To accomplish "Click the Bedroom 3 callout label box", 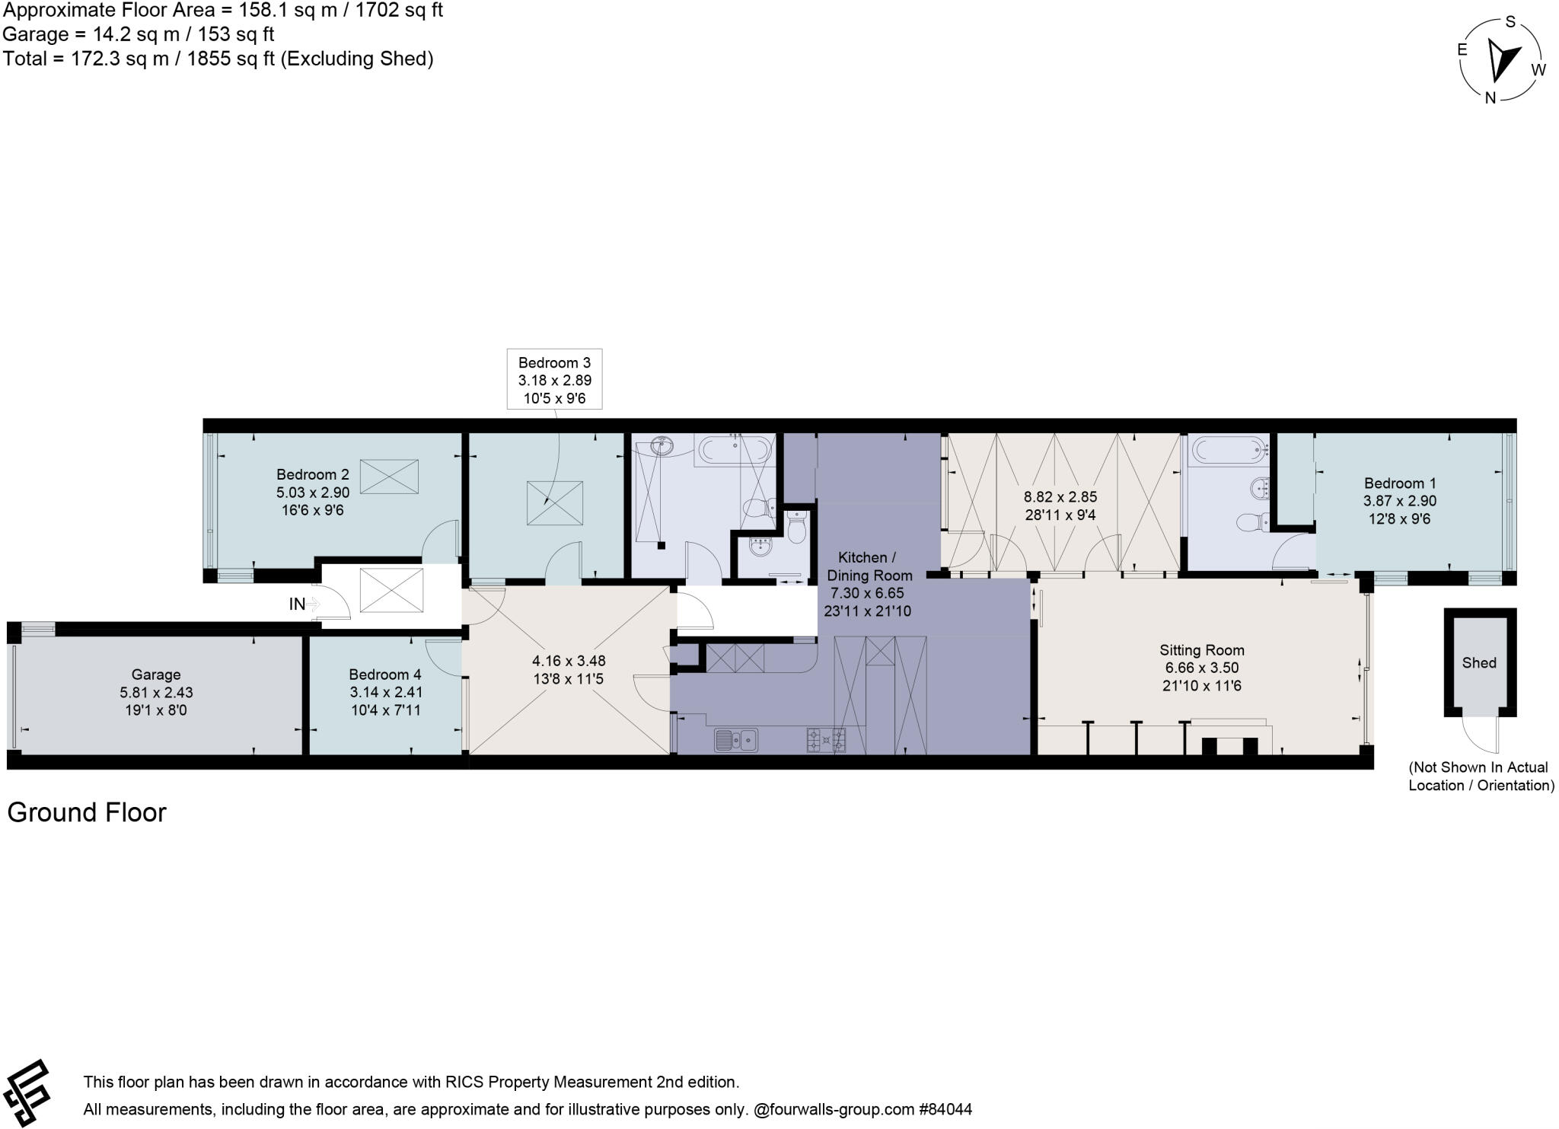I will pos(554,379).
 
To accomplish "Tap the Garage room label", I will pos(156,675).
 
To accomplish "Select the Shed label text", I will pos(1478,662).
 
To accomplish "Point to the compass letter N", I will pos(1490,97).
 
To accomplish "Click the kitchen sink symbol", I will pos(735,738).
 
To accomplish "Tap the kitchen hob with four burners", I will pos(826,739).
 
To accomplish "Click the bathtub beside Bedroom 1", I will pos(1227,450).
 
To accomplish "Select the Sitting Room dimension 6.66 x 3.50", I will pos(1201,668).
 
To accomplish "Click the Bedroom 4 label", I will pos(384,675).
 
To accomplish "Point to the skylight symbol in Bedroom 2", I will pos(388,477).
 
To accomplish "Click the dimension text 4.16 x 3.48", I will pos(569,661).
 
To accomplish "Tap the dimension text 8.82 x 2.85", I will pos(1060,497).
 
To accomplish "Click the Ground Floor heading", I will pos(87,812).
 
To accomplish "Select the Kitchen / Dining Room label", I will pos(868,566).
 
